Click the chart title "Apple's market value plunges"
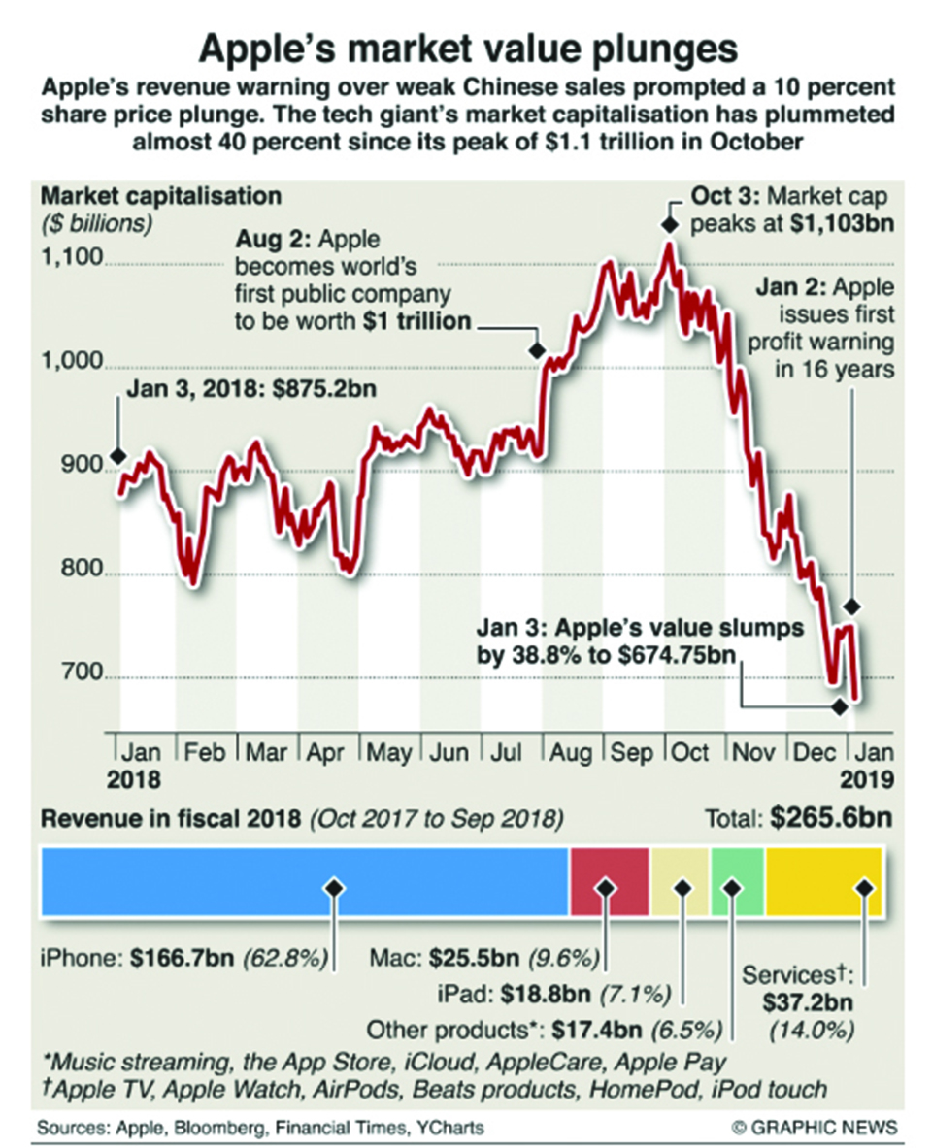(467, 48)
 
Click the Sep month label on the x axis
(631, 753)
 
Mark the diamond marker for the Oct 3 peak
(668, 224)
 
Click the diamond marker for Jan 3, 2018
(117, 456)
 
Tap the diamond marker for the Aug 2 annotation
(535, 349)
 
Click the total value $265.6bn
(832, 819)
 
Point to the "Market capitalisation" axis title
(161, 195)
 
